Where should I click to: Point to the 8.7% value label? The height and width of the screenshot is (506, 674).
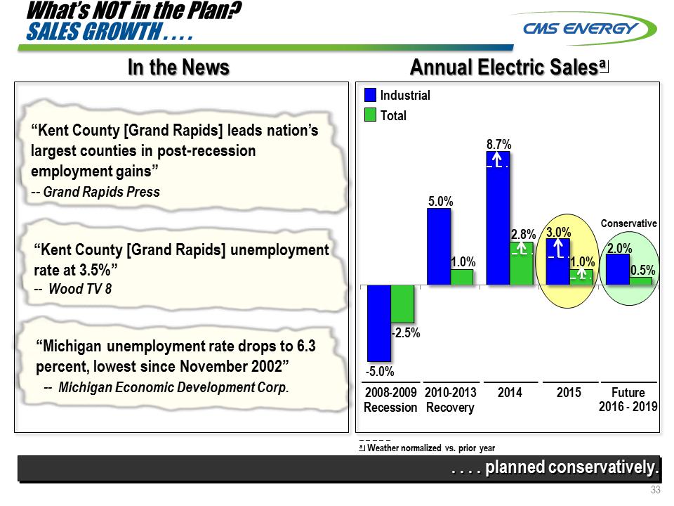(498, 144)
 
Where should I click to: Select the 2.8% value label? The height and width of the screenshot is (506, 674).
(523, 234)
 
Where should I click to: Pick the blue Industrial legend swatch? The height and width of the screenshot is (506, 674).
(370, 96)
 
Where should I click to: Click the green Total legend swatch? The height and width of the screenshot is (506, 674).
(370, 115)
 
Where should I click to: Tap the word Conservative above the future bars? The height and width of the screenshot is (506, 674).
(629, 223)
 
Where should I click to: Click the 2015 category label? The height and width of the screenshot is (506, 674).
(569, 393)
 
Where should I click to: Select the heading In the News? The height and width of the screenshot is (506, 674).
(178, 67)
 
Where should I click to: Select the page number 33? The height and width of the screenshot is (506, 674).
(656, 491)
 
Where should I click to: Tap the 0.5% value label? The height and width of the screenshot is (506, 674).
(643, 270)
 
